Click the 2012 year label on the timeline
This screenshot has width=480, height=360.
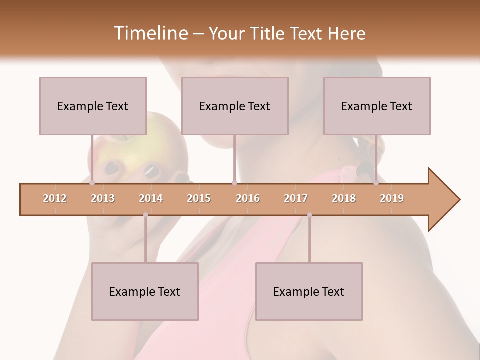click(55, 198)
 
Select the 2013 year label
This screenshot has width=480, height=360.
click(103, 198)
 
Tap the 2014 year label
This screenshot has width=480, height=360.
click(151, 198)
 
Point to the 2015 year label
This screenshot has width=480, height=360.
click(199, 198)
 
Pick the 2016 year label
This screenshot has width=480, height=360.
click(248, 198)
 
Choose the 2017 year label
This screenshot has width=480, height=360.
click(296, 198)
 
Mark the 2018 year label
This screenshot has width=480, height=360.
click(344, 198)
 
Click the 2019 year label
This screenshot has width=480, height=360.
click(392, 198)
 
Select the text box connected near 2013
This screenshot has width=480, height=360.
click(93, 106)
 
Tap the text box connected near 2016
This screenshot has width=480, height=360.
click(235, 106)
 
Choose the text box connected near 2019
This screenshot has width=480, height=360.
click(377, 106)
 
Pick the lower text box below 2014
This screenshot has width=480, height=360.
click(145, 291)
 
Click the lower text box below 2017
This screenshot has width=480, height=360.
click(309, 291)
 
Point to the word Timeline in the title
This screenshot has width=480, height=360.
click(150, 33)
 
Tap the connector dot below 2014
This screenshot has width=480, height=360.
click(145, 215)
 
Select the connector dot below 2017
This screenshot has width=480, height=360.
click(309, 215)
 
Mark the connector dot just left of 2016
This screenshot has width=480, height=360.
click(234, 183)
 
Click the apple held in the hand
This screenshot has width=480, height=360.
click(135, 145)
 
